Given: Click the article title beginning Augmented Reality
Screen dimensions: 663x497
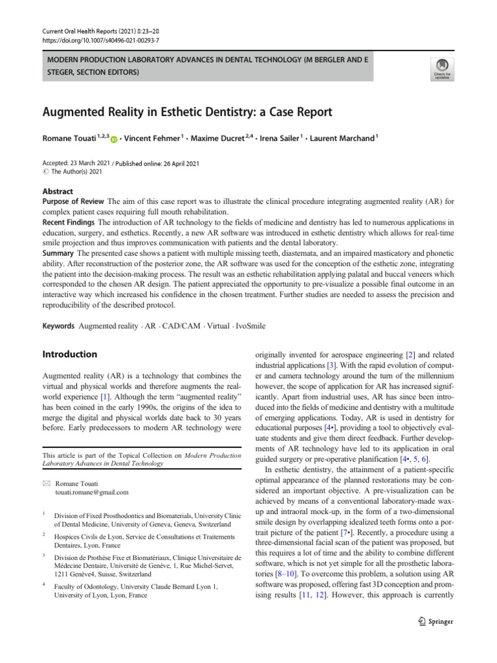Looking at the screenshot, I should point(187,112).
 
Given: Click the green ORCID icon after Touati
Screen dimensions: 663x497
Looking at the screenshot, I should point(115,139).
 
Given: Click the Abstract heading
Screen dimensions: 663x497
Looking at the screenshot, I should point(58,192).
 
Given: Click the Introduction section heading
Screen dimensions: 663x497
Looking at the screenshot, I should point(69,355).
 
